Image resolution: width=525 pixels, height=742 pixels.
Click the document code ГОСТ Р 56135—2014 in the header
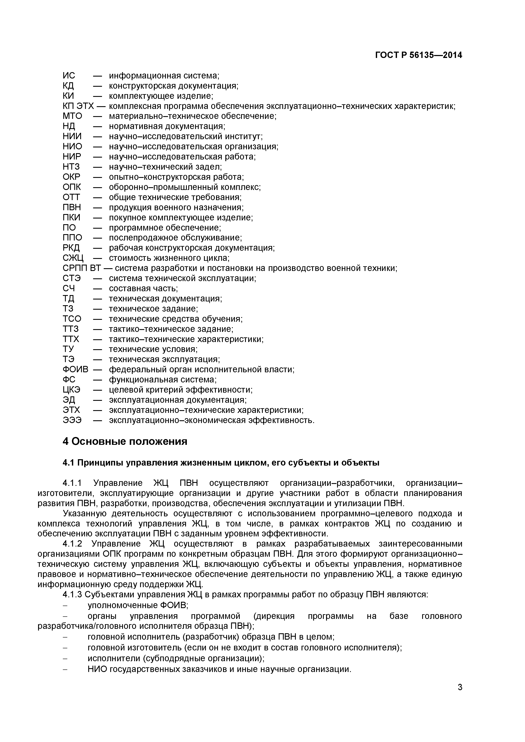click(418, 55)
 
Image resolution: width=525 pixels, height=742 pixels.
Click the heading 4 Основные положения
click(125, 441)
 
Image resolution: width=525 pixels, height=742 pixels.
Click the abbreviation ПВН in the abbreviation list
click(72, 207)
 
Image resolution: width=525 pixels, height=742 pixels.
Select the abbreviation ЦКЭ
click(72, 390)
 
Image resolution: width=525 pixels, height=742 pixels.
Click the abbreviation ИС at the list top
click(69, 76)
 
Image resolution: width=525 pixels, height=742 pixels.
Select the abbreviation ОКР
click(72, 177)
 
